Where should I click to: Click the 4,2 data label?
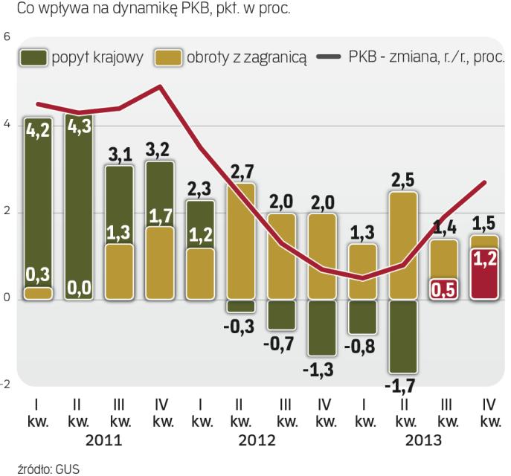(x=38, y=131)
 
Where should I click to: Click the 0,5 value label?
(x=444, y=289)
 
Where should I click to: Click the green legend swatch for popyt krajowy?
(x=34, y=58)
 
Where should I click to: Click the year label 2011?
(x=99, y=440)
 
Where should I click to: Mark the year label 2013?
(x=423, y=440)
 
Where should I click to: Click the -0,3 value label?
(x=241, y=326)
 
